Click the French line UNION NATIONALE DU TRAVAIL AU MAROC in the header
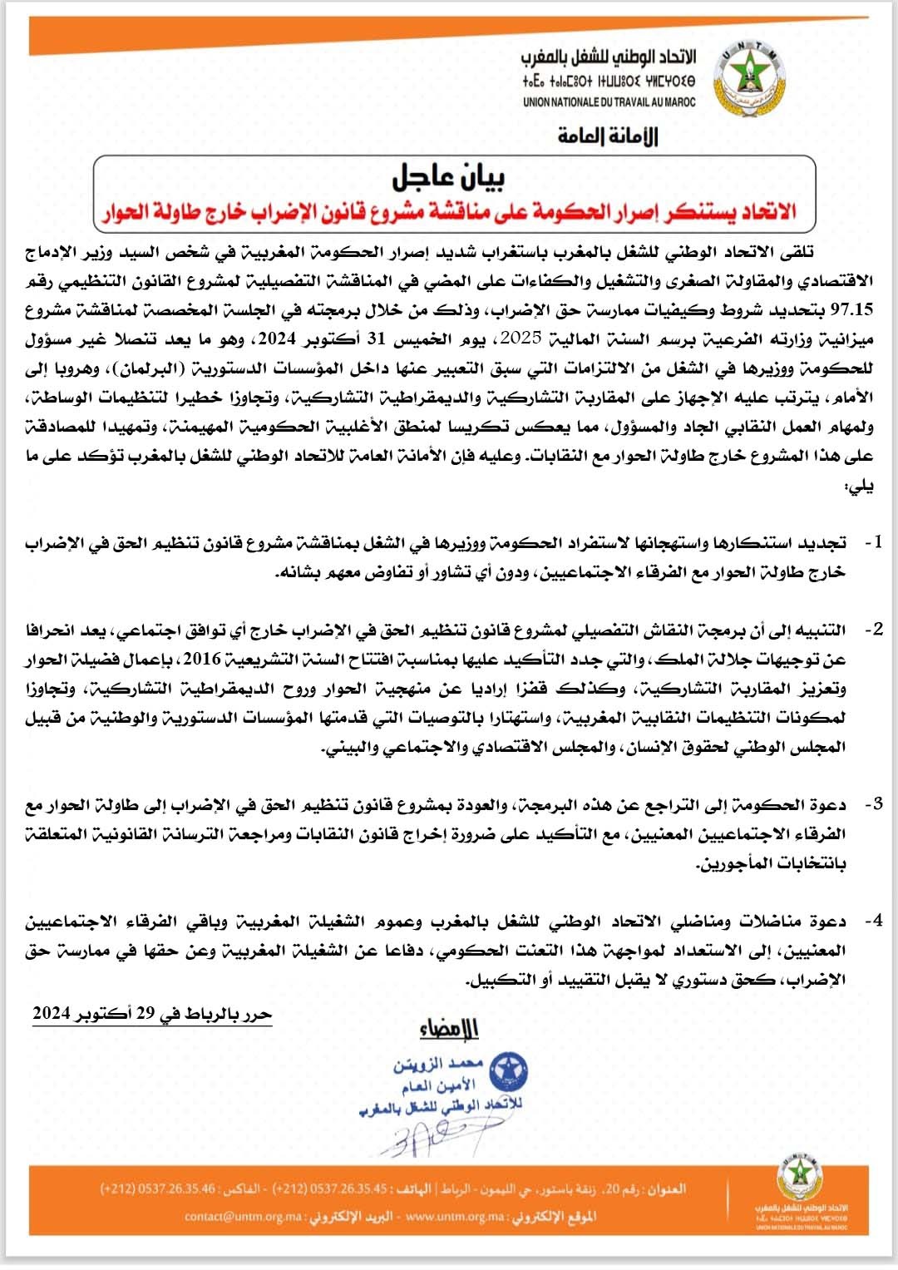pos(609,102)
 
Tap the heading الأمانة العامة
pos(608,136)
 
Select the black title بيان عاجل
pos(448,176)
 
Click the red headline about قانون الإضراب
pos(450,211)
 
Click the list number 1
pos(874,542)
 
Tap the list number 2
pos(874,629)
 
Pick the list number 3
pos(874,804)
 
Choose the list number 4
pos(874,921)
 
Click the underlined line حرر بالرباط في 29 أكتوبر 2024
pos(152,1014)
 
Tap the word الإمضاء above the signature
pos(450,1030)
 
